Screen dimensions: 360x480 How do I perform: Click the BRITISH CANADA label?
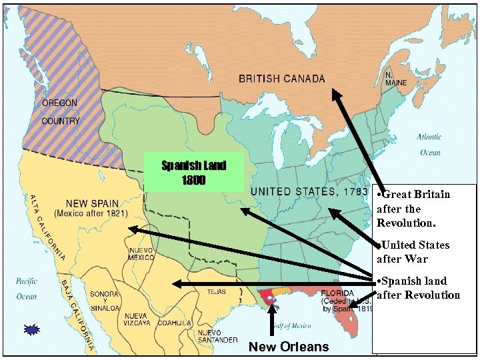pos(281,79)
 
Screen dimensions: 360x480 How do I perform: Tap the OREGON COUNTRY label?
pos(60,112)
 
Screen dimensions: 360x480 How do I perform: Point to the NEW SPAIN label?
pos(92,203)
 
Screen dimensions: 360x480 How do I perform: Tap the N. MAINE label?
pos(395,79)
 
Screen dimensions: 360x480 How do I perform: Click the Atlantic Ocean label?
pos(429,144)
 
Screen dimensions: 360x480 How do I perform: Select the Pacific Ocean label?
pos(27,289)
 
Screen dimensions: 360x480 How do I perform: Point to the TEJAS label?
pos(216,291)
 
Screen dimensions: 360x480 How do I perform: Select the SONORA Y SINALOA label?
pos(105,300)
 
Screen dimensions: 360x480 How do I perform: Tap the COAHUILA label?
pos(175,323)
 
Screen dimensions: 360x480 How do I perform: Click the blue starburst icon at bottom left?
pos(31,329)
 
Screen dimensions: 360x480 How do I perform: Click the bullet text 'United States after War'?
pos(413,252)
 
